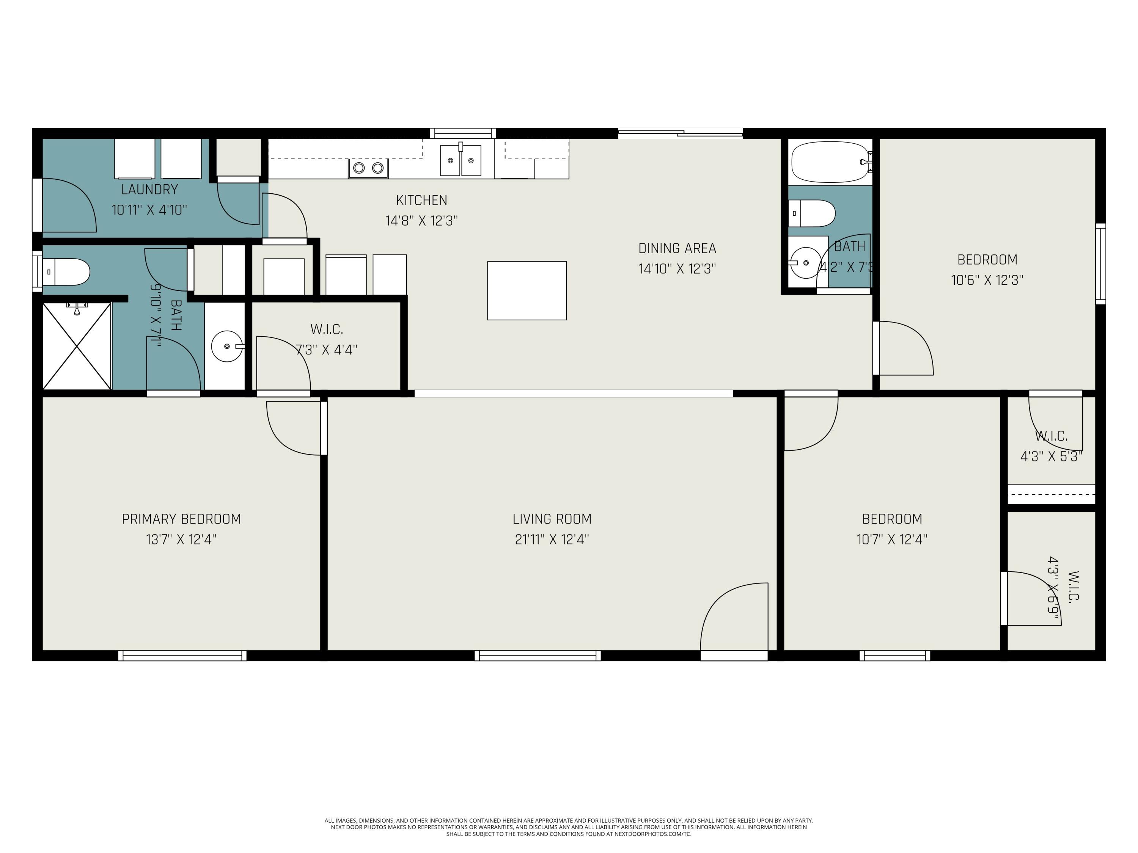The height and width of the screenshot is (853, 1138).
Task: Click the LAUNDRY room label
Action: click(149, 190)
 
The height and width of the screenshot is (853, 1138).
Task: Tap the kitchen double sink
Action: click(461, 160)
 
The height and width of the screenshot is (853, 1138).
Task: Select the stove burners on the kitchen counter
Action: click(368, 168)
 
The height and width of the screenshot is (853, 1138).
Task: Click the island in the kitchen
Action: click(527, 290)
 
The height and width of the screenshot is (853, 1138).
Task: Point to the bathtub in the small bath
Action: click(829, 162)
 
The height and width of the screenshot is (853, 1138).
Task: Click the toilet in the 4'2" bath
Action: click(812, 213)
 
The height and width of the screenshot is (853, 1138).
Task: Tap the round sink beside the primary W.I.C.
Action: click(226, 347)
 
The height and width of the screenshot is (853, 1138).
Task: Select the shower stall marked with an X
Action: click(77, 346)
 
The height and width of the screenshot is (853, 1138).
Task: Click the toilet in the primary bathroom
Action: click(67, 272)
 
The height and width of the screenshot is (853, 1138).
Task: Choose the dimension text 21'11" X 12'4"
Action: click(552, 539)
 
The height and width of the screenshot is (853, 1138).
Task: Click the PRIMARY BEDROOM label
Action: click(181, 519)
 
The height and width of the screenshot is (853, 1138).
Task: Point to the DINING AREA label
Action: click(677, 248)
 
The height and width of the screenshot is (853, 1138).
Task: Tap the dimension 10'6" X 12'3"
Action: click(987, 280)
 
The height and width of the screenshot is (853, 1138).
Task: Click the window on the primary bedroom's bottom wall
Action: click(182, 655)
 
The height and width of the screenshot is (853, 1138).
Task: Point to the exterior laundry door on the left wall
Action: click(64, 205)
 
